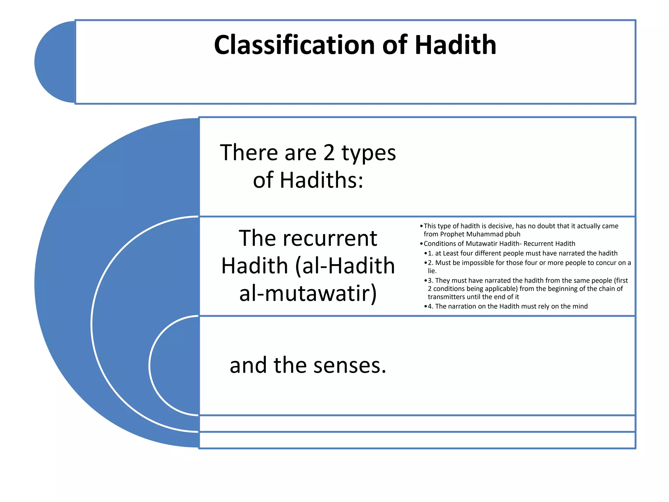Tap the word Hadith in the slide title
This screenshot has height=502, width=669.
pyautogui.click(x=455, y=45)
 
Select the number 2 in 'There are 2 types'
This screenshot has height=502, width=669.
pyautogui.click(x=329, y=153)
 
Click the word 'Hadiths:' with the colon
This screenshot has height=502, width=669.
pyautogui.click(x=321, y=180)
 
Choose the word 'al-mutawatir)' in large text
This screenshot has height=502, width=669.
pyautogui.click(x=308, y=293)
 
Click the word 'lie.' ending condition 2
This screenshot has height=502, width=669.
pyautogui.click(x=432, y=271)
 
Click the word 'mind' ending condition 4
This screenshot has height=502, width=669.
pyautogui.click(x=580, y=307)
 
